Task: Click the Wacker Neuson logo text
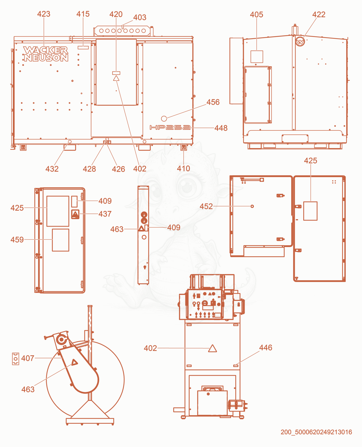click(46, 54)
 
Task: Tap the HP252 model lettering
click(170, 127)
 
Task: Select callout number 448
click(221, 128)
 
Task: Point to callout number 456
click(213, 102)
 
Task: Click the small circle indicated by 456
click(164, 118)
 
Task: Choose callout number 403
click(140, 17)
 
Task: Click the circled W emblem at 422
click(300, 42)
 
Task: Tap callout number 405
click(257, 15)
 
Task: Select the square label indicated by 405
click(257, 57)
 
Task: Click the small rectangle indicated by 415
click(83, 47)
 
